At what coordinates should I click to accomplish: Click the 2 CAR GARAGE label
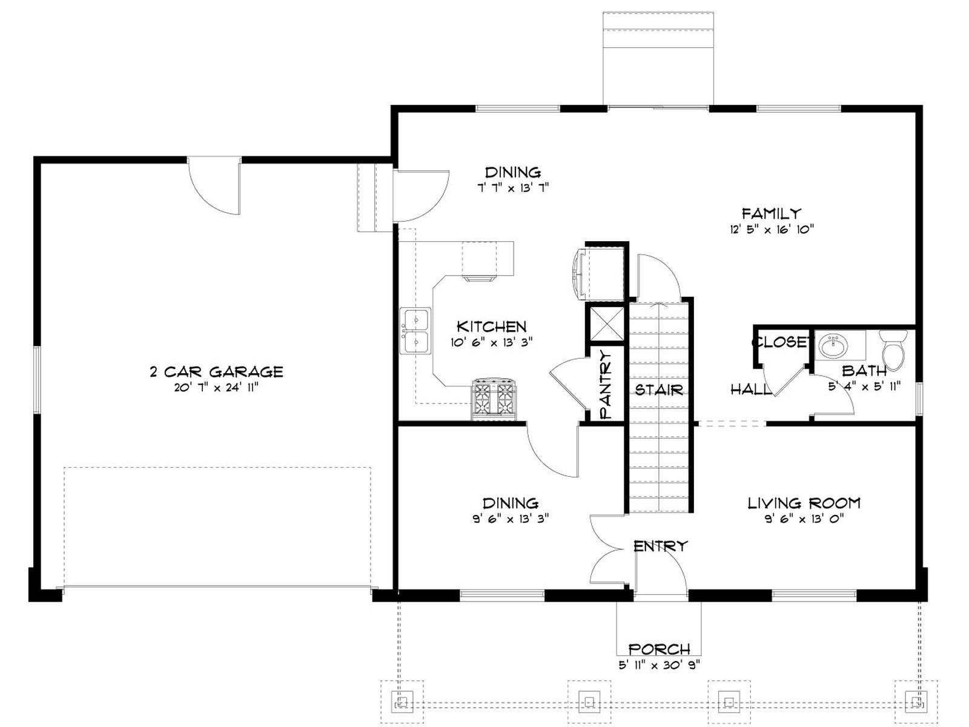216,371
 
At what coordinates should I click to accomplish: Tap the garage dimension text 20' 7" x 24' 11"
216,388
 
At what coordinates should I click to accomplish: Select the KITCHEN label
491,327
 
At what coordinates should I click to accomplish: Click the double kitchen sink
415,331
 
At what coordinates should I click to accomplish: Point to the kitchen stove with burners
494,399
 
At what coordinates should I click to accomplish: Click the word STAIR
659,390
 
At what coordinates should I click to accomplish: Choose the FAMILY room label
771,214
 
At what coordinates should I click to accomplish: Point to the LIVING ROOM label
804,503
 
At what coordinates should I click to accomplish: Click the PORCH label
659,649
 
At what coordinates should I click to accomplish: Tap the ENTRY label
661,546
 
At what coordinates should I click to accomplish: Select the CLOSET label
781,342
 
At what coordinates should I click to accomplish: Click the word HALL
750,390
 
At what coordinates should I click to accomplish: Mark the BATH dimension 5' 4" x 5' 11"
864,387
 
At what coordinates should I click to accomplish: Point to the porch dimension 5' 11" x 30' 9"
660,665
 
